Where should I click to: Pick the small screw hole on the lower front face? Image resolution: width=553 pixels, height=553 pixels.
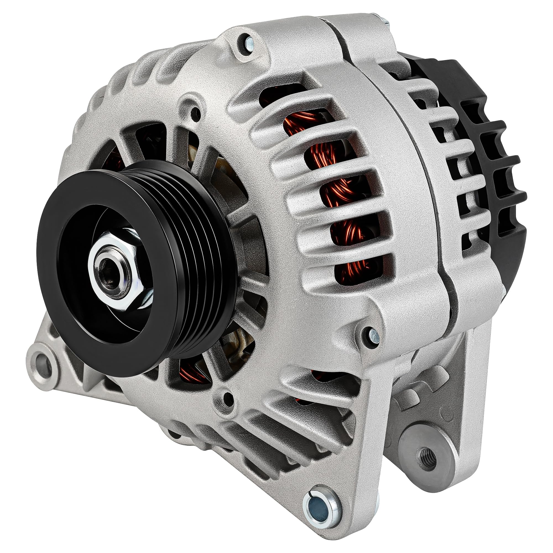click(226, 397)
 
